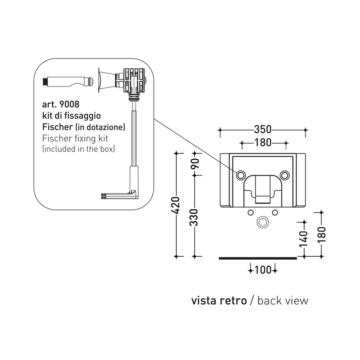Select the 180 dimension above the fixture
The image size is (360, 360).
pyautogui.click(x=263, y=143)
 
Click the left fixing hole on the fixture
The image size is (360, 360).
pyautogui.click(x=241, y=174)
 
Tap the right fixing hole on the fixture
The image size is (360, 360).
pyautogui.click(x=285, y=174)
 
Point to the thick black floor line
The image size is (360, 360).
pyautogui.click(x=258, y=257)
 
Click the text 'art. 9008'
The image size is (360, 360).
pyautogui.click(x=61, y=104)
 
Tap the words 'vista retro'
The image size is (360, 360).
pyautogui.click(x=219, y=301)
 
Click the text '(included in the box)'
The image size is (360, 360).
pyautogui.click(x=78, y=149)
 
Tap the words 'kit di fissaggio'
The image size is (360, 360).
pyautogui.click(x=71, y=115)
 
